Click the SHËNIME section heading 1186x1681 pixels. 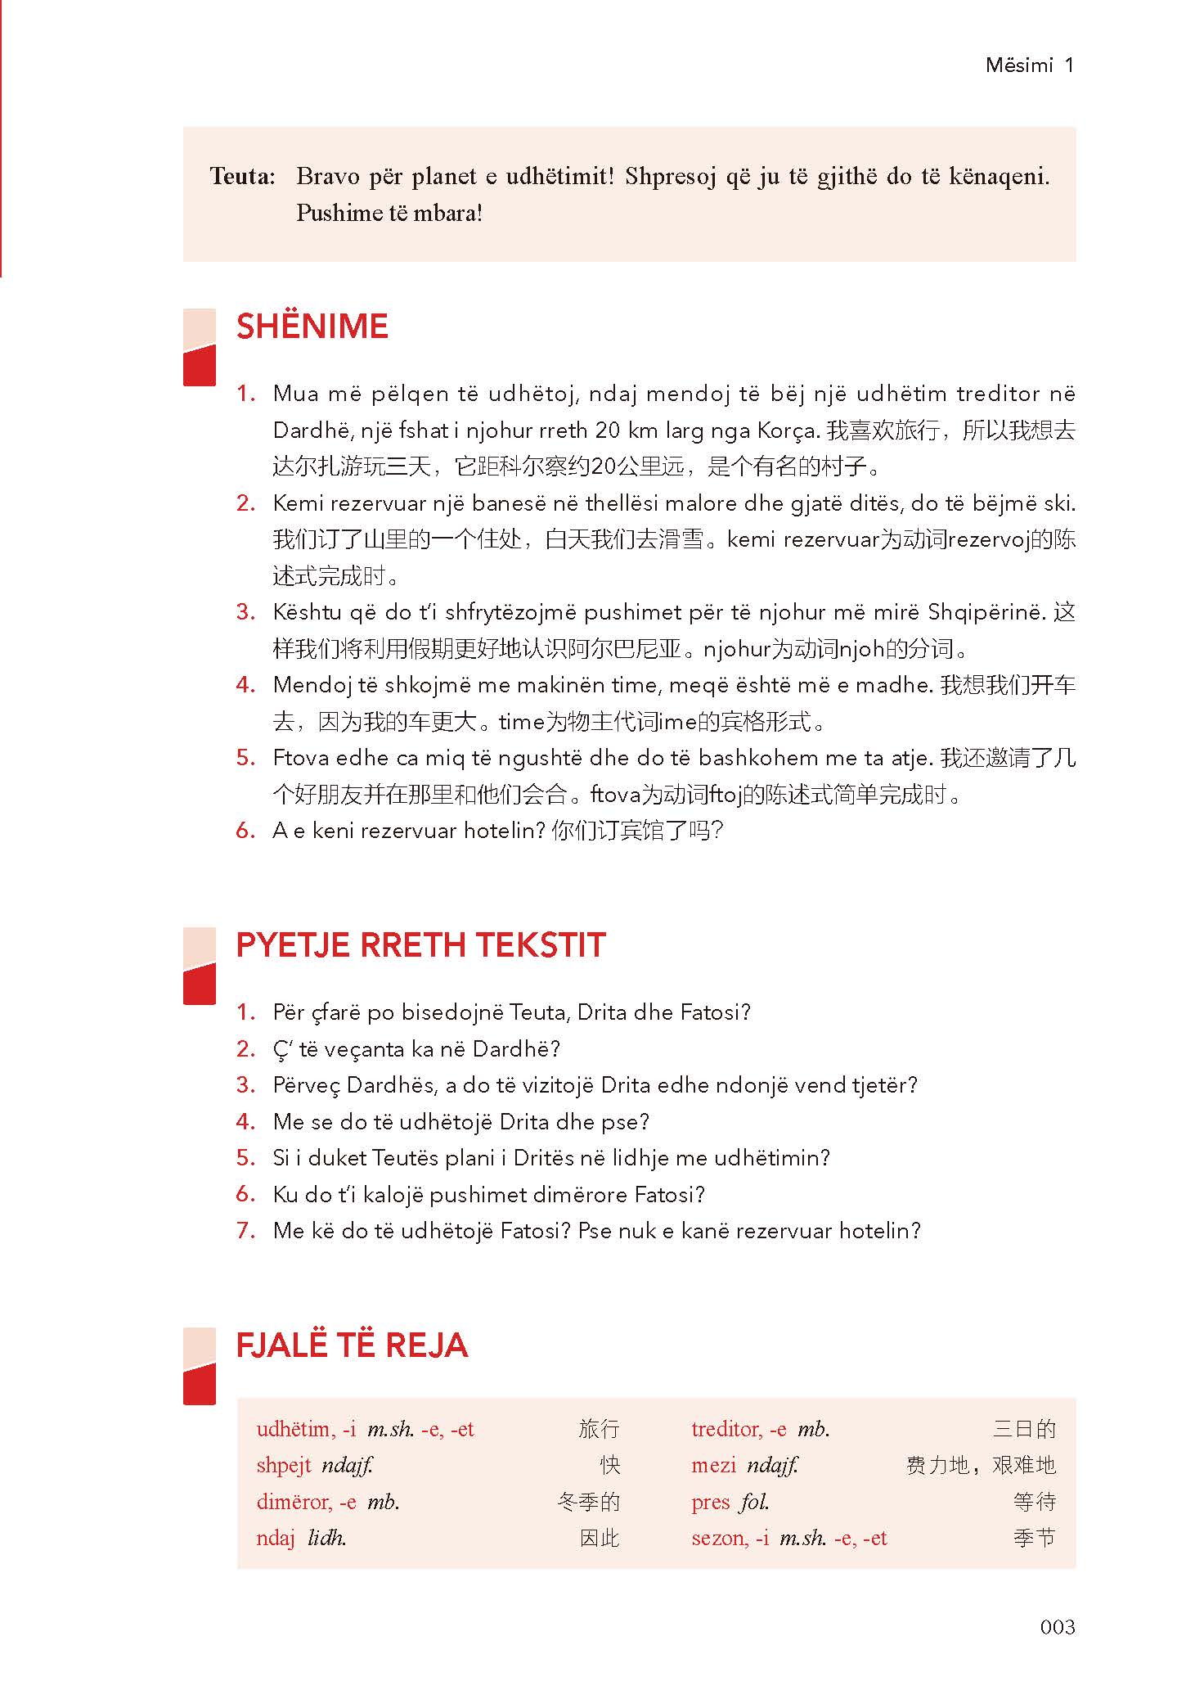tap(312, 327)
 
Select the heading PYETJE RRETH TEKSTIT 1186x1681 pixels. tap(420, 945)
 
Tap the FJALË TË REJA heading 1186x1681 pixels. tap(352, 1345)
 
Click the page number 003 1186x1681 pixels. tap(1057, 1626)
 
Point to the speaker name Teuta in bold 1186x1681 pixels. tap(242, 177)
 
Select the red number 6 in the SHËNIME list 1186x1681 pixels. tap(245, 831)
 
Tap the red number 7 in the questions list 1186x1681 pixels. tap(245, 1230)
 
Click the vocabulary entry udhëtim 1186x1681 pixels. tap(294, 1429)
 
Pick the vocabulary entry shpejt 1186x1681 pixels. tap(283, 1465)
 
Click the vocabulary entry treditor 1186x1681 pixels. tap(727, 1429)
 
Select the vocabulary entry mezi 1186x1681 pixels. tap(713, 1465)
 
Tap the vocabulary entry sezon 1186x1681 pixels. tap(718, 1538)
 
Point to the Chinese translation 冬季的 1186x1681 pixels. tap(588, 1502)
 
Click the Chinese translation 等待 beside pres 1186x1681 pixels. tap(1034, 1502)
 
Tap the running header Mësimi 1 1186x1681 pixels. tap(1029, 65)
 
